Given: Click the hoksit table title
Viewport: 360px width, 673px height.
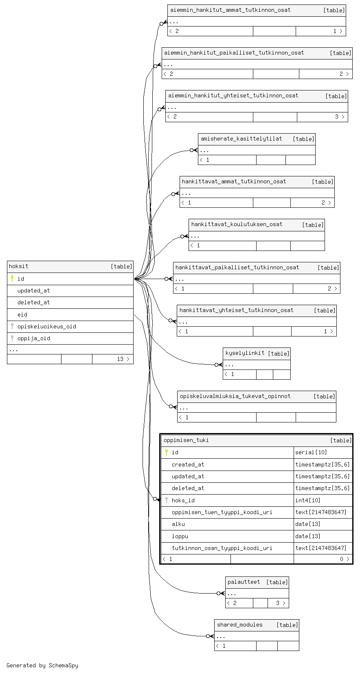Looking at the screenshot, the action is click(x=19, y=266).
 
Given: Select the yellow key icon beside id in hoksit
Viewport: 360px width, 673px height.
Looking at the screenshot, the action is click(x=12, y=279).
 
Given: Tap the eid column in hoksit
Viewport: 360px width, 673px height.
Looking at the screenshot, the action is click(x=22, y=315).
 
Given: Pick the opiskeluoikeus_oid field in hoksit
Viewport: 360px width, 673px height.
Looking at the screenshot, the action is click(x=46, y=327).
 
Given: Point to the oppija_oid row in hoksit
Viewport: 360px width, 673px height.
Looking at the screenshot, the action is click(x=34, y=338).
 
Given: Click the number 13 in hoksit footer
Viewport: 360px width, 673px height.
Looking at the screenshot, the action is click(x=120, y=359).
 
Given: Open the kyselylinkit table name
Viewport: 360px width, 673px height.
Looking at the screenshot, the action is click(x=245, y=353).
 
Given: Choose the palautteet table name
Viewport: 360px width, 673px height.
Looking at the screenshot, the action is click(x=244, y=582).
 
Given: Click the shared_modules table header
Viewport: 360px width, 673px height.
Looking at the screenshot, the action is click(x=239, y=625).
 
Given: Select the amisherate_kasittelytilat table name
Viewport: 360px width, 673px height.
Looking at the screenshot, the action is click(x=241, y=139).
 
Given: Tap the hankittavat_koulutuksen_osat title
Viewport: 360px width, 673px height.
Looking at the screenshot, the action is click(x=237, y=224).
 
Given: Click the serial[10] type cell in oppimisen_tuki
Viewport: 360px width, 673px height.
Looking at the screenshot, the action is click(x=311, y=453).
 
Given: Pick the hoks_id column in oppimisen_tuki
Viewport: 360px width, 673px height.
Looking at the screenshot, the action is click(x=183, y=501).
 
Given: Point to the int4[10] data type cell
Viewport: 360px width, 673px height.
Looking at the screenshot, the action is click(x=308, y=501).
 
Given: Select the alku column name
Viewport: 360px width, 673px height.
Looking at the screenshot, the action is click(x=178, y=524).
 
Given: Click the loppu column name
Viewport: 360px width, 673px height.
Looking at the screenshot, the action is click(x=180, y=536).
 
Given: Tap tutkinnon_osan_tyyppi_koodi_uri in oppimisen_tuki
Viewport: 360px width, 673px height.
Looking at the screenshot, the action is click(x=222, y=548).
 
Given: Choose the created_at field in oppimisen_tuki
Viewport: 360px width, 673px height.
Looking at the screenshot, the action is click(x=188, y=465).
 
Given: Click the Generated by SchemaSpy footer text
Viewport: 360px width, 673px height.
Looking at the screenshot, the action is click(x=42, y=666).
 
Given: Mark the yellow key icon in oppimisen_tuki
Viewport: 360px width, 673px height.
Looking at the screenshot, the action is click(x=167, y=452).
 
